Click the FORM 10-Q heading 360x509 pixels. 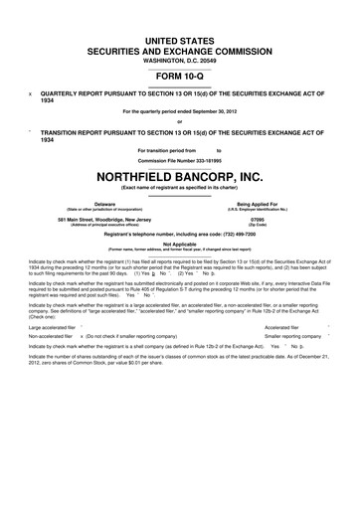(x=179, y=74)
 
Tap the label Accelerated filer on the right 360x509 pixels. (x=287, y=326)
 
